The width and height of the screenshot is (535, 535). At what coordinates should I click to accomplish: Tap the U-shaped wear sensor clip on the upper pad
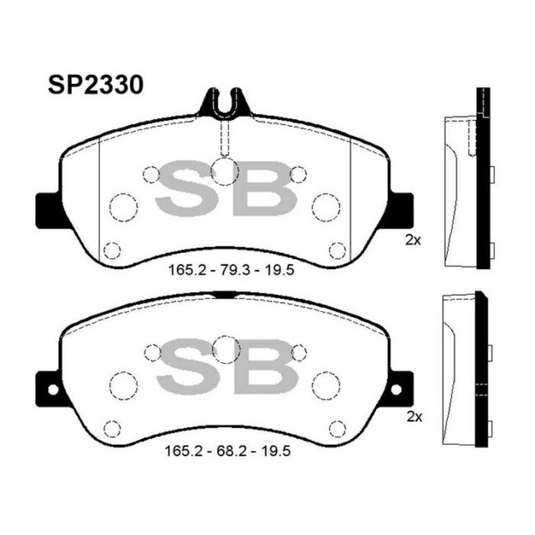[225, 104]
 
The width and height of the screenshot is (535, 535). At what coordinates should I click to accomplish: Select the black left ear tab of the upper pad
[47, 206]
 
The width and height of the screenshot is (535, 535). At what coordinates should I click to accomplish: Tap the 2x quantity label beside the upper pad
[413, 240]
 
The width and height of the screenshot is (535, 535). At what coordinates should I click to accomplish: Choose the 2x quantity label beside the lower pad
[413, 417]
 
